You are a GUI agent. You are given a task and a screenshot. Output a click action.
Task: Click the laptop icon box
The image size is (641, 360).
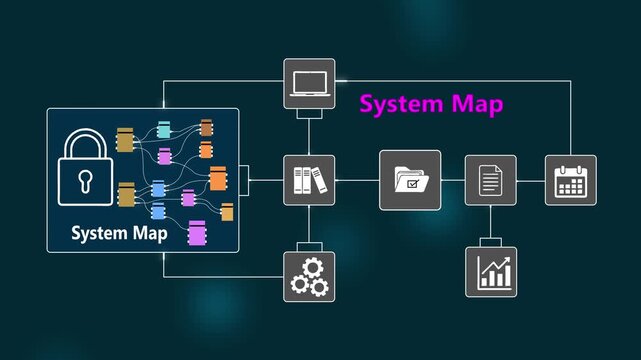[x=309, y=84]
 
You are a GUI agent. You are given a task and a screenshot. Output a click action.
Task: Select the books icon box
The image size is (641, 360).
[x=309, y=180]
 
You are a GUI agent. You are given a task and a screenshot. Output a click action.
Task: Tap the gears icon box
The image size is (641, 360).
[x=309, y=276]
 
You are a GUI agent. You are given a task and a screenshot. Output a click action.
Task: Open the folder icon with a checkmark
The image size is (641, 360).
[x=410, y=180]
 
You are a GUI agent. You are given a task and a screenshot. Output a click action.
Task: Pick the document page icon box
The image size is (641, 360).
[x=490, y=180]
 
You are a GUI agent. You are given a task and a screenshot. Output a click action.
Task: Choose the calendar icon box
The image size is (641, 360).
[x=570, y=180]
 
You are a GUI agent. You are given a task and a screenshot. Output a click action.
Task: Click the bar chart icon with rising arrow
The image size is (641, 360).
[x=490, y=271]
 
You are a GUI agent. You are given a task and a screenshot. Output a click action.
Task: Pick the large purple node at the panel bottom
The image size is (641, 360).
[x=198, y=234]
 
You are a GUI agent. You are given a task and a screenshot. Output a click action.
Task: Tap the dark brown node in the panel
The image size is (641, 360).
[x=206, y=128]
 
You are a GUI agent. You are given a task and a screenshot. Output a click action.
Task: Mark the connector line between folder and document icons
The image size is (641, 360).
[x=453, y=180]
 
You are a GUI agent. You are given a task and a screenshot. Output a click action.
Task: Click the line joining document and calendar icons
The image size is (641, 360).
[x=530, y=180]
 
